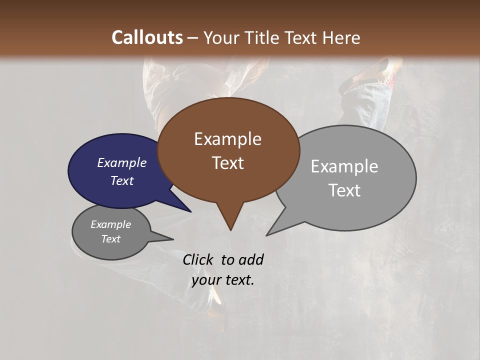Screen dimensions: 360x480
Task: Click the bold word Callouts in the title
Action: click(147, 37)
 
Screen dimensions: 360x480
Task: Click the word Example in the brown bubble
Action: click(227, 139)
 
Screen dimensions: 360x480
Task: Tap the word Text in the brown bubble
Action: click(227, 163)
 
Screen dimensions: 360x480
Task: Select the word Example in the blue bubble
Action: click(121, 162)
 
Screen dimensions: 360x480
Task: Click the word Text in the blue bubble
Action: click(121, 180)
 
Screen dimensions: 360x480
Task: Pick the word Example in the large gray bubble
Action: click(344, 166)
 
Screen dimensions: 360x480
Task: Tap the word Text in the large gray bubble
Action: click(344, 190)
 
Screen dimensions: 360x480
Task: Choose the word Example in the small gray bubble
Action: click(110, 224)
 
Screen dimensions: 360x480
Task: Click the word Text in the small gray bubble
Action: click(110, 239)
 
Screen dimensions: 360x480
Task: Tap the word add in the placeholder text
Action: click(250, 259)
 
